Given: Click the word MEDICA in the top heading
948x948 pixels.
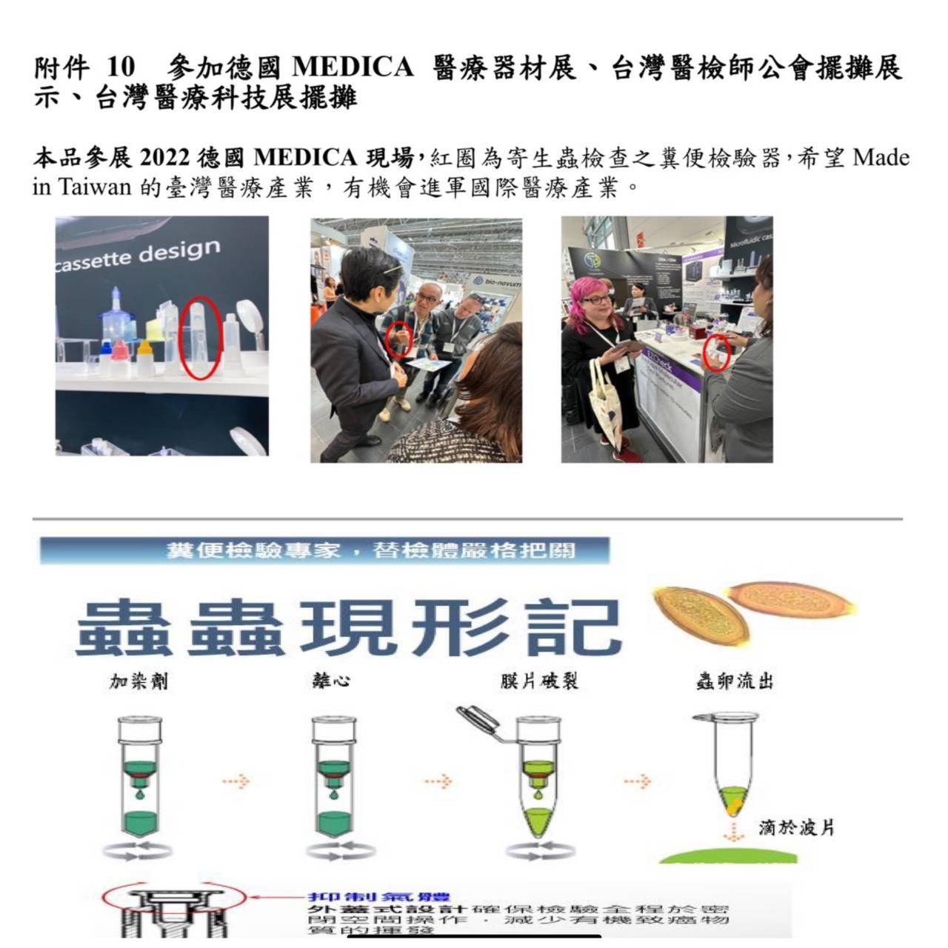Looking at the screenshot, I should (x=353, y=67).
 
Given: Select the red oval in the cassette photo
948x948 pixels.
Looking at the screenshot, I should (x=201, y=338).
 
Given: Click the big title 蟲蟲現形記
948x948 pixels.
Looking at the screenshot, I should (x=348, y=628).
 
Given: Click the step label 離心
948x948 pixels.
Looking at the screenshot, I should (x=330, y=681).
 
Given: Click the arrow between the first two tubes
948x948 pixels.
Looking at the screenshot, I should (x=236, y=781).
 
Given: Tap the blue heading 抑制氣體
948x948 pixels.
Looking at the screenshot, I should (x=379, y=898).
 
